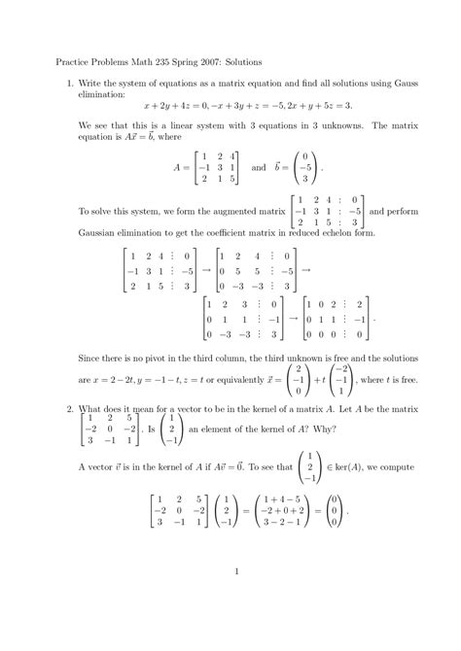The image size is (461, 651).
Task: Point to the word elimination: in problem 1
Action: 106,95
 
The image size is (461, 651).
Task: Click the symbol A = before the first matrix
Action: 181,168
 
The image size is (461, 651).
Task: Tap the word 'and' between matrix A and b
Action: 258,168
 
